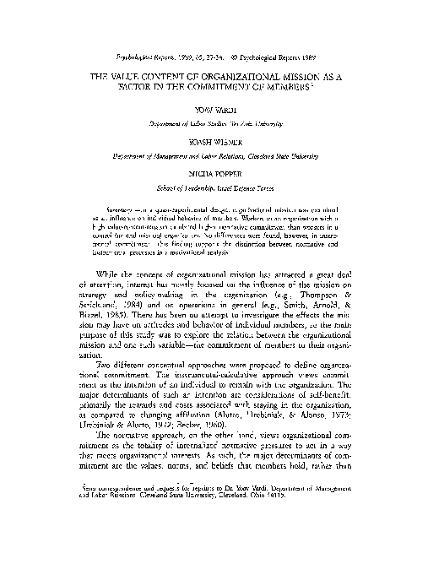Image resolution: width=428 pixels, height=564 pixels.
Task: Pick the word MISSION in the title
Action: pos(280,74)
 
